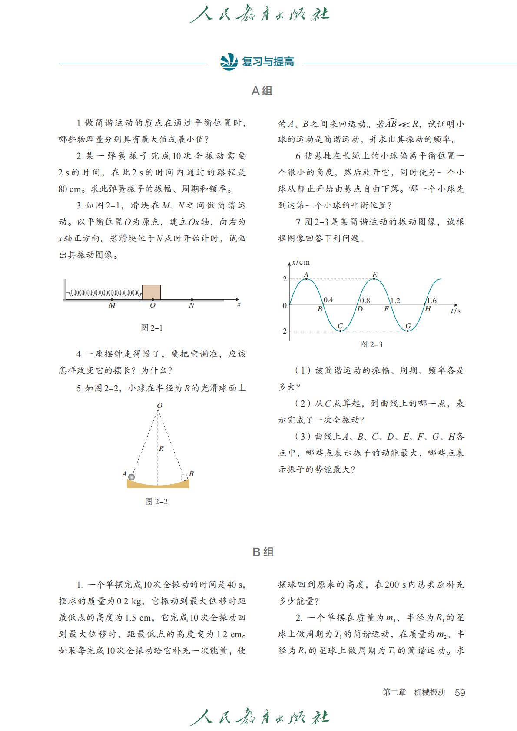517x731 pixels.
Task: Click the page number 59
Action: click(460, 692)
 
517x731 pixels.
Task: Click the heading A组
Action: click(262, 91)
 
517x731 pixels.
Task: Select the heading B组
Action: click(263, 552)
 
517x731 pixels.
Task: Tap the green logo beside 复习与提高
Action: click(229, 62)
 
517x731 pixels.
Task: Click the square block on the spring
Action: click(151, 292)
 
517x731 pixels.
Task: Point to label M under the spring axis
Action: click(112, 305)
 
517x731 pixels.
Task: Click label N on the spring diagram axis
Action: click(192, 305)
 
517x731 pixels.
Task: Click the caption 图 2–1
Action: click(152, 328)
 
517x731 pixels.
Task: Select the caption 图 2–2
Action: click(156, 502)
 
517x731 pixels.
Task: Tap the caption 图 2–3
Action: click(371, 344)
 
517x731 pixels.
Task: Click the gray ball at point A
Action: click(131, 477)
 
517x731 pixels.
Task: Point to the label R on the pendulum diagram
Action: click(161, 448)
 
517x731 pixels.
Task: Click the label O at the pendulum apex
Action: click(159, 405)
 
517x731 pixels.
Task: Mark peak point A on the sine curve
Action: click(306, 278)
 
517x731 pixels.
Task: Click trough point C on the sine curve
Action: click(340, 331)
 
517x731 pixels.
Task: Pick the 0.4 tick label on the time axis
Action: click(328, 300)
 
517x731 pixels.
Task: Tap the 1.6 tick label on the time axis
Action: click(431, 301)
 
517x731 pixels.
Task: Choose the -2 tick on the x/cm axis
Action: click(283, 331)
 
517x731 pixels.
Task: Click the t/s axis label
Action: click(455, 311)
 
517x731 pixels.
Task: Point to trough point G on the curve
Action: click(408, 331)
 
